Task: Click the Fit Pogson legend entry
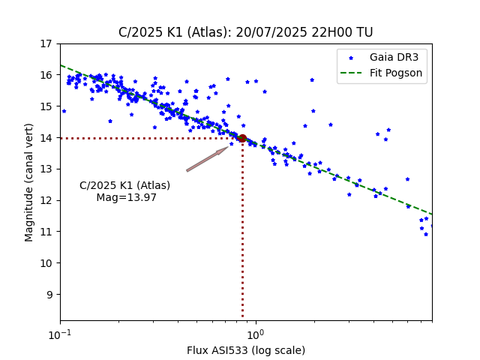click(x=396, y=73)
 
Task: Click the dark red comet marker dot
click(x=242, y=138)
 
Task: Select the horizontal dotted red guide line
click(x=150, y=138)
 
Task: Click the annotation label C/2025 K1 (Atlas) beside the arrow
click(x=125, y=186)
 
